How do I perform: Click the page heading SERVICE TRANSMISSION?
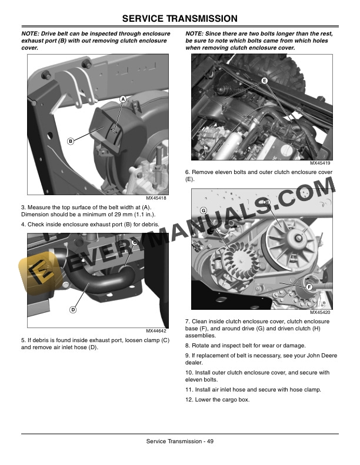179,19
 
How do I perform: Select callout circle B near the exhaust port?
71,141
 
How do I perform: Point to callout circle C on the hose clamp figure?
135,242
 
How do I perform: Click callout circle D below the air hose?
73,309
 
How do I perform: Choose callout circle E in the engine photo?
264,80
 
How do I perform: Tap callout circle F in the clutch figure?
308,286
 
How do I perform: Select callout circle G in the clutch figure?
203,210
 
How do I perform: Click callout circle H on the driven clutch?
267,203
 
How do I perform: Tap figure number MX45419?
320,163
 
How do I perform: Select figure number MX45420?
320,313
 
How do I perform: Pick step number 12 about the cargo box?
189,400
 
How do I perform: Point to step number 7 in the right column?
187,322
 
